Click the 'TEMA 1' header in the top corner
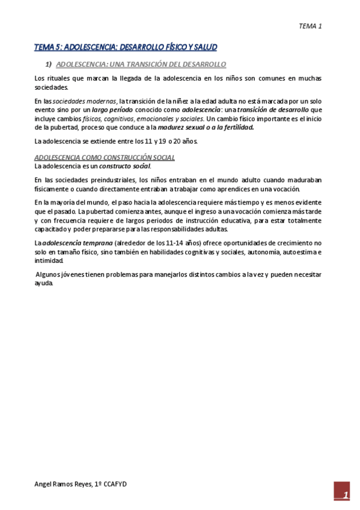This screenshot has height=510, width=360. pyautogui.click(x=311, y=26)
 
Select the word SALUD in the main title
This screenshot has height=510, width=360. pyautogui.click(x=204, y=47)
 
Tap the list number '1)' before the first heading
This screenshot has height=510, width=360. pyautogui.click(x=49, y=64)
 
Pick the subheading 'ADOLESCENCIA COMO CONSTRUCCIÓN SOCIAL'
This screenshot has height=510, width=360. pyautogui.click(x=105, y=158)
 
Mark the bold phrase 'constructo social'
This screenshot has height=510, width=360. pyautogui.click(x=124, y=165)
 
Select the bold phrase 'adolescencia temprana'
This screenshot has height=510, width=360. pyautogui.click(x=77, y=242)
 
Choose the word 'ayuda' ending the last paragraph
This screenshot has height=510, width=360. pyautogui.click(x=44, y=283)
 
